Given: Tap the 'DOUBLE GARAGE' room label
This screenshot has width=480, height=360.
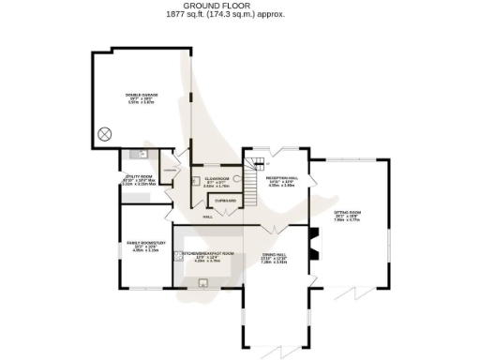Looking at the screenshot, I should pos(142,95).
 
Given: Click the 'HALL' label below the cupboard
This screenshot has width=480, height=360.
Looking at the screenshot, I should pos(207,217).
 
